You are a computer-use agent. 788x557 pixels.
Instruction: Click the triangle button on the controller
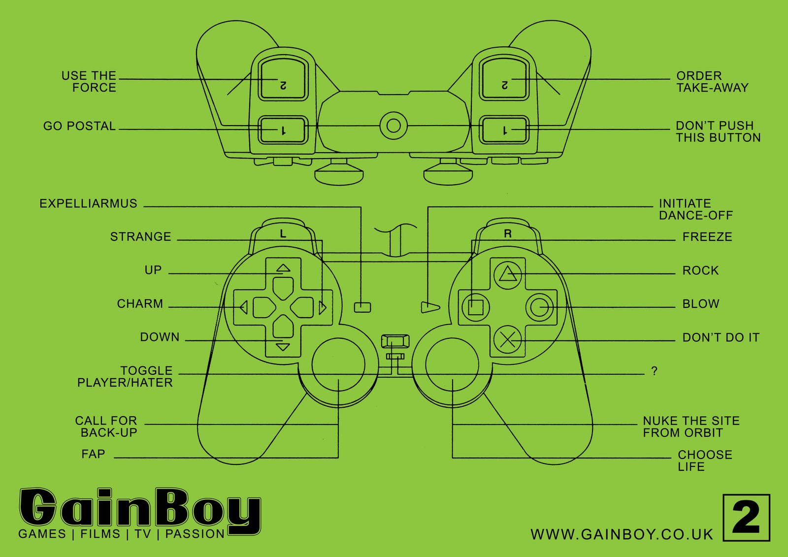click(507, 274)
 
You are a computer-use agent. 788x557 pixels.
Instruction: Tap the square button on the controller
click(475, 307)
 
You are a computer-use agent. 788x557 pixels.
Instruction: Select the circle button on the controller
click(540, 307)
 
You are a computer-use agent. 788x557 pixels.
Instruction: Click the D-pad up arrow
click(283, 268)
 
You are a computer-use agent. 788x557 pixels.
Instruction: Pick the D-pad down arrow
click(283, 347)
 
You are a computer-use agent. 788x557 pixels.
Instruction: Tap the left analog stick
click(338, 365)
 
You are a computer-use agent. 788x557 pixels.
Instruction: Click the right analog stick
click(452, 365)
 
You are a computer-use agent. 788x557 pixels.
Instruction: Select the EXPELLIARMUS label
click(89, 204)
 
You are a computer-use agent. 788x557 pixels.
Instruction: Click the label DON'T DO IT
click(721, 338)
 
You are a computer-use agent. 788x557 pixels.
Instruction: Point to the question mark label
click(654, 371)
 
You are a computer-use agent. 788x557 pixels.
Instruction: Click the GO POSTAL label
click(79, 126)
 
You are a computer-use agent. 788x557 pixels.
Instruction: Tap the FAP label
click(93, 454)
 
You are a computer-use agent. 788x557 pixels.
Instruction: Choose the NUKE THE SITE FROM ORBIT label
click(691, 427)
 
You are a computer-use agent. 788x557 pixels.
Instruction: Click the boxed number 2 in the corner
click(746, 518)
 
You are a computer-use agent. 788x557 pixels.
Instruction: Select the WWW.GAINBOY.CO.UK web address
click(622, 534)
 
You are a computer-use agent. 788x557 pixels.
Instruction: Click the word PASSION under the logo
click(195, 534)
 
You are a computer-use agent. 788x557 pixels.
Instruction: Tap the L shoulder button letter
click(283, 234)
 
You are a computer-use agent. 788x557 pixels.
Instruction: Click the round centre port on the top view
click(394, 126)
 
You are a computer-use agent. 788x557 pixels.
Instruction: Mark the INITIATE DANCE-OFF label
click(695, 209)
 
